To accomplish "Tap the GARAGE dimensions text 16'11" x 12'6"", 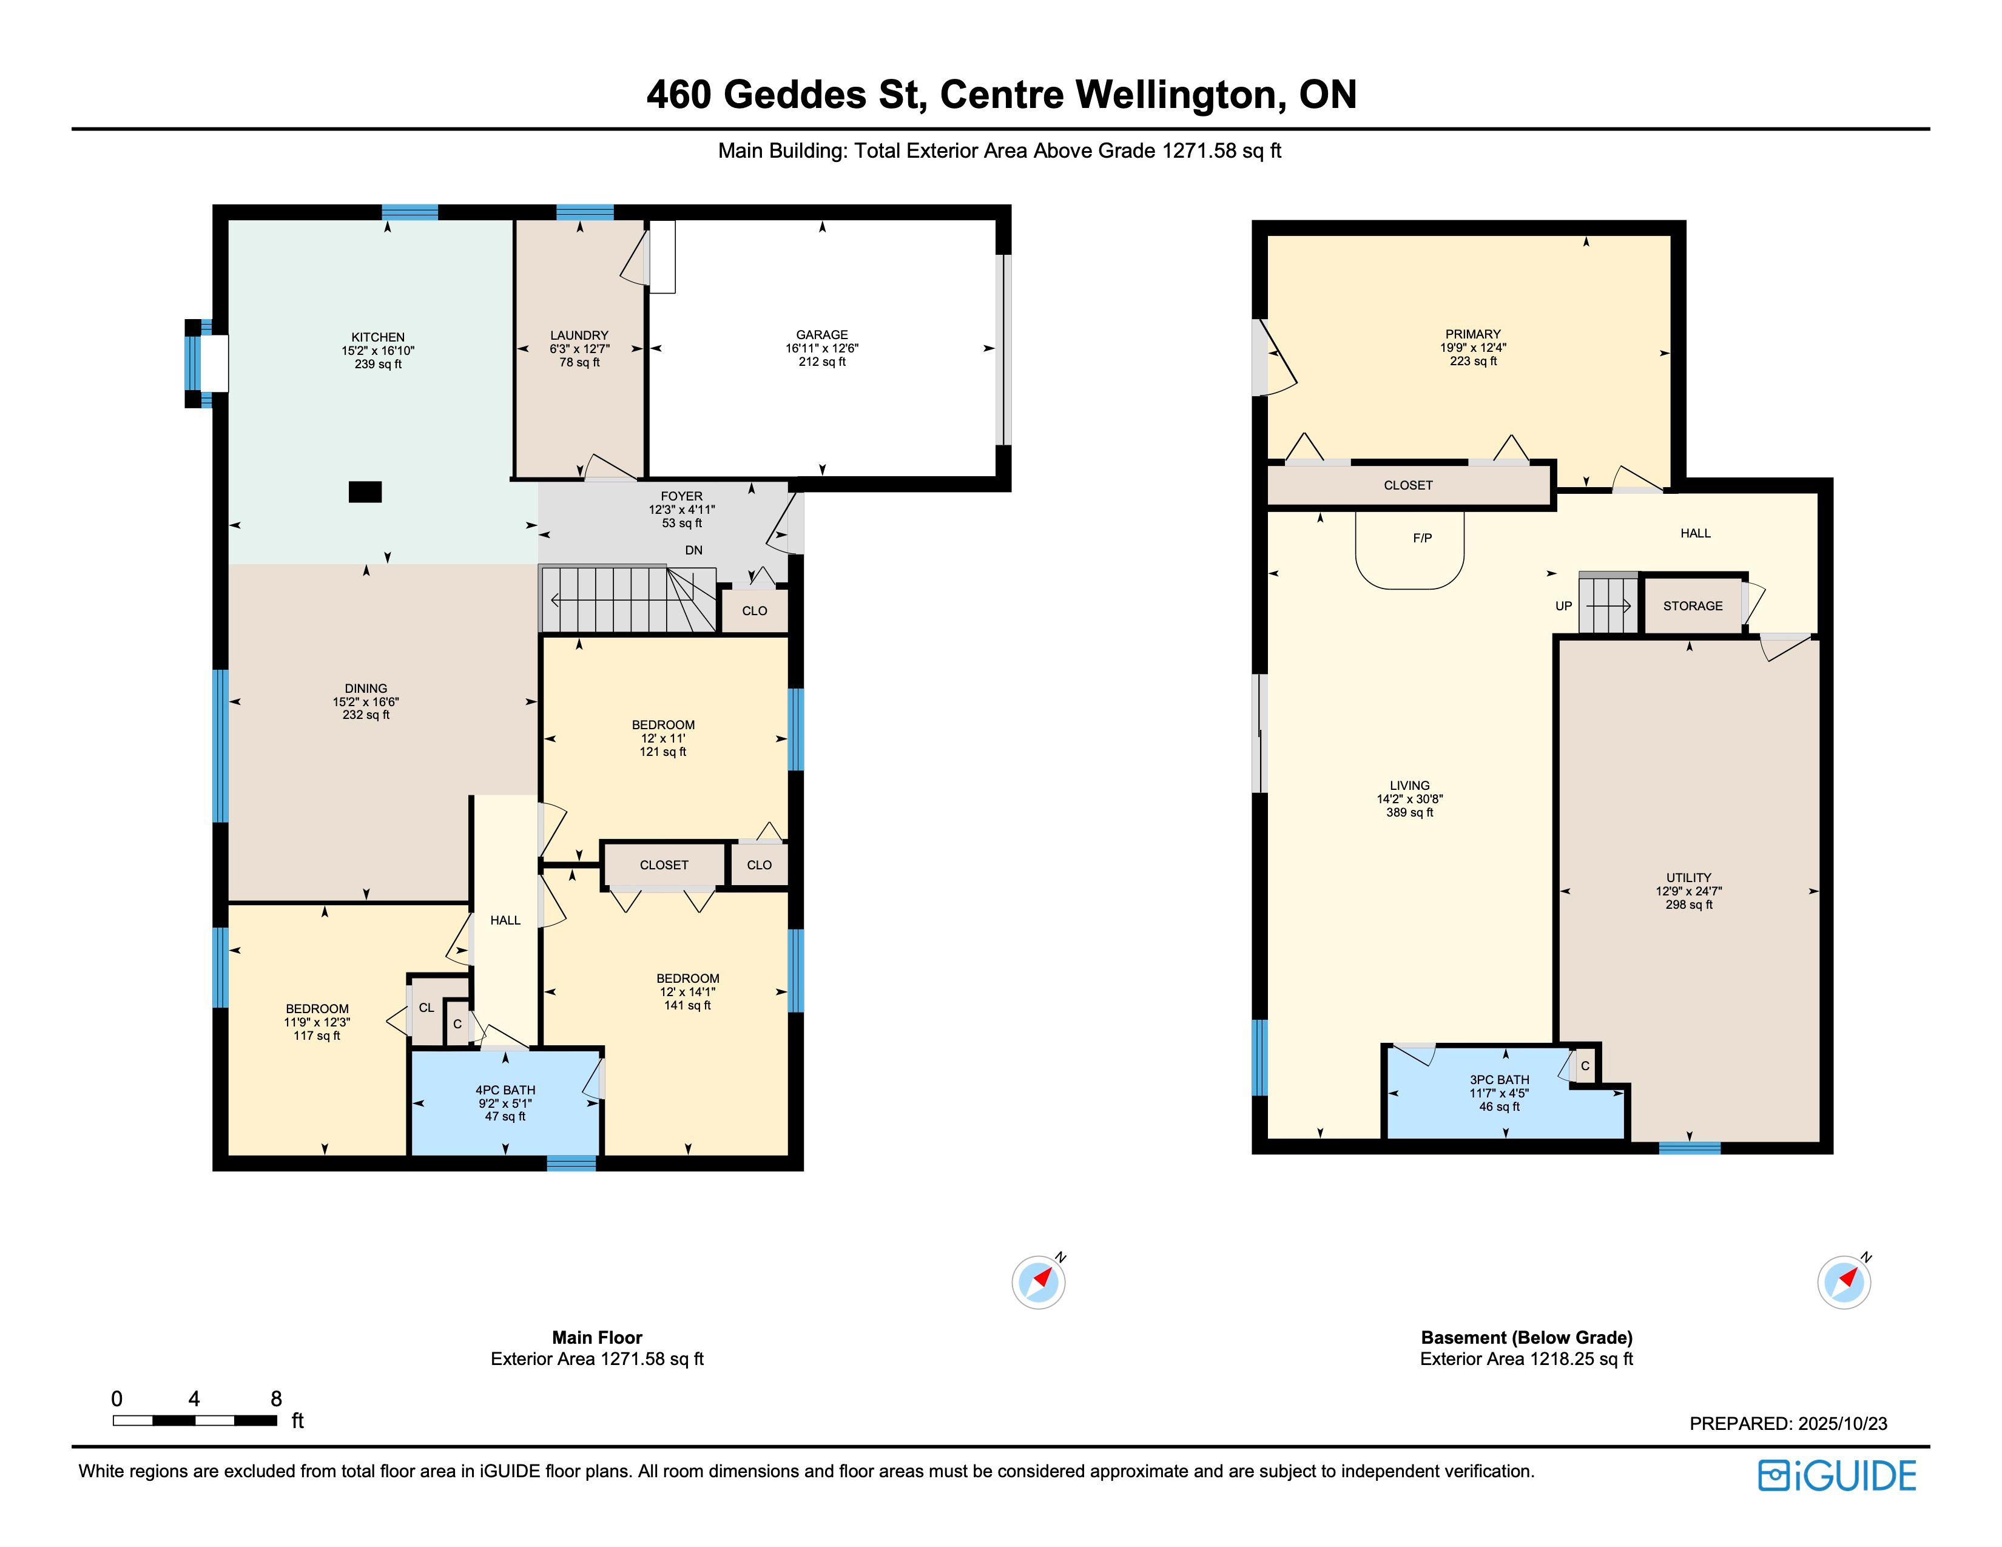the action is click(822, 348).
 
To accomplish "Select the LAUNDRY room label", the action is click(579, 335).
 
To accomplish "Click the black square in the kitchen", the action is click(365, 492).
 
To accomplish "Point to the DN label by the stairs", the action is click(694, 550).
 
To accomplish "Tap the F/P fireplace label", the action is click(1423, 538).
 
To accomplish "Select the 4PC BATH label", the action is click(505, 1090).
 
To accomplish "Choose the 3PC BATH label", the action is click(1500, 1080).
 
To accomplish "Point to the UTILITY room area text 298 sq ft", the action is click(1690, 905).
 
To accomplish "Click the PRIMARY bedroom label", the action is click(1473, 334).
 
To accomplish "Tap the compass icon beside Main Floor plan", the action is click(1039, 1281).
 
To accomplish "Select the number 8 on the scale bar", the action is click(276, 1398).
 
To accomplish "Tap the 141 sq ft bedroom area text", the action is click(687, 1005).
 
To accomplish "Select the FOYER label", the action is click(682, 496).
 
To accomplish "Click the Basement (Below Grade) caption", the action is click(1527, 1337).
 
